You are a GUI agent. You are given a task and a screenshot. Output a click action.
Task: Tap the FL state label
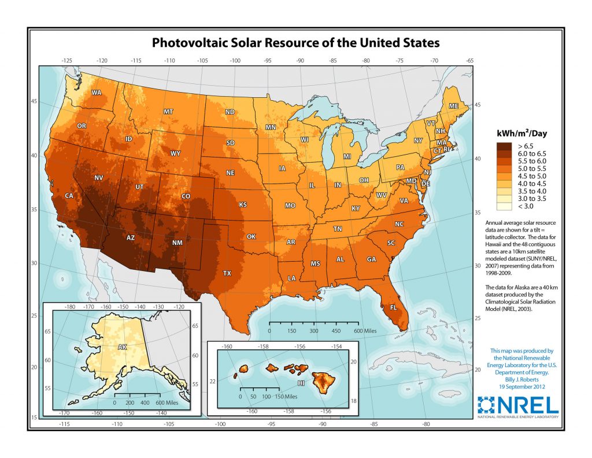(x=393, y=307)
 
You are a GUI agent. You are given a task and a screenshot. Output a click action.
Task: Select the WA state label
(x=96, y=93)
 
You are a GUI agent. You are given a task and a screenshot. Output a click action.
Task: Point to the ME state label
(x=454, y=107)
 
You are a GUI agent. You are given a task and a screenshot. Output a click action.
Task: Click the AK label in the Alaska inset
(x=122, y=347)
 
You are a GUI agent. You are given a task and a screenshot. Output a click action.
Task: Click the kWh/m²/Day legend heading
(x=521, y=134)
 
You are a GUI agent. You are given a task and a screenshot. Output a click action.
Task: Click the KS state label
(x=243, y=205)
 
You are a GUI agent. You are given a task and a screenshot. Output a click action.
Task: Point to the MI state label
(x=347, y=157)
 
